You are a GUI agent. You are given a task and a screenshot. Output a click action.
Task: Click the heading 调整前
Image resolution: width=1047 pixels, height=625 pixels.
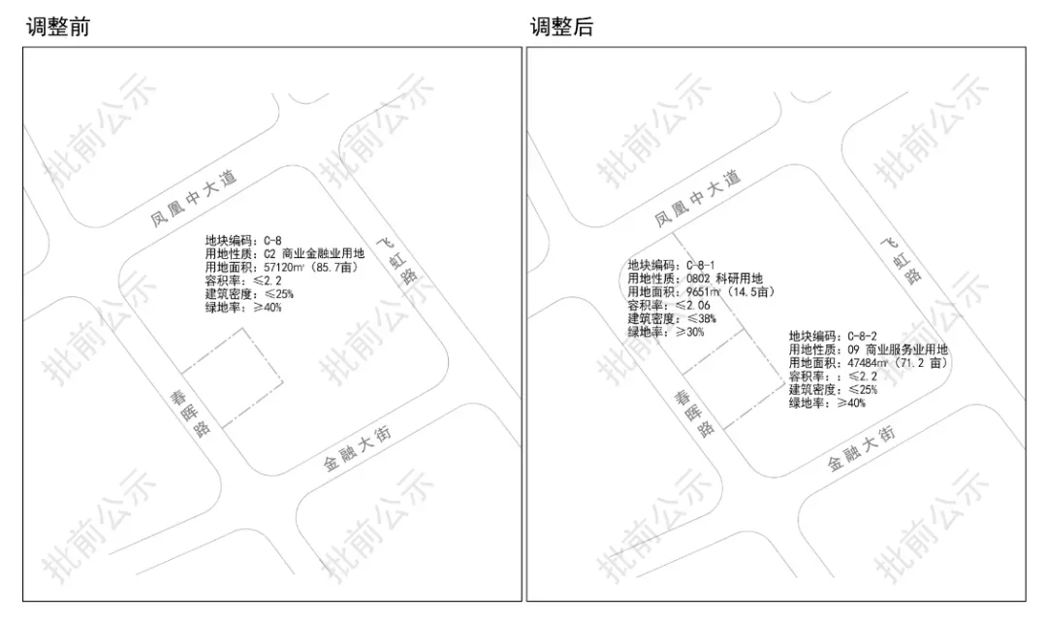(x=57, y=26)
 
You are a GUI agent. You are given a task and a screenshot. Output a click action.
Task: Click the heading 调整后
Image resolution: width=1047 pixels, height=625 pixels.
(x=561, y=26)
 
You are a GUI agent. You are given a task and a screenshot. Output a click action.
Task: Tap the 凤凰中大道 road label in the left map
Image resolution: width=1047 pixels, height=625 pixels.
(x=194, y=199)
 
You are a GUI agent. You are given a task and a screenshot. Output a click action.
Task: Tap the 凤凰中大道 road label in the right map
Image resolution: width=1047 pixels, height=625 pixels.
(x=697, y=198)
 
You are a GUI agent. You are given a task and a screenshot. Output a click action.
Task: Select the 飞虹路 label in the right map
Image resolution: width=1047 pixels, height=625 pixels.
(x=902, y=259)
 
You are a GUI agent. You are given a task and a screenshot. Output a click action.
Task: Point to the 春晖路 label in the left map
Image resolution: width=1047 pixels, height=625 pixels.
(x=190, y=412)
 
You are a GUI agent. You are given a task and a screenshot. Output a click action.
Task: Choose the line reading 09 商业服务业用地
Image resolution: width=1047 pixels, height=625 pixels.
(x=868, y=349)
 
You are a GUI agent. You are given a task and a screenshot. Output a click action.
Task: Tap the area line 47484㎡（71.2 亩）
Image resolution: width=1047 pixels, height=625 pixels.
(x=868, y=363)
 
